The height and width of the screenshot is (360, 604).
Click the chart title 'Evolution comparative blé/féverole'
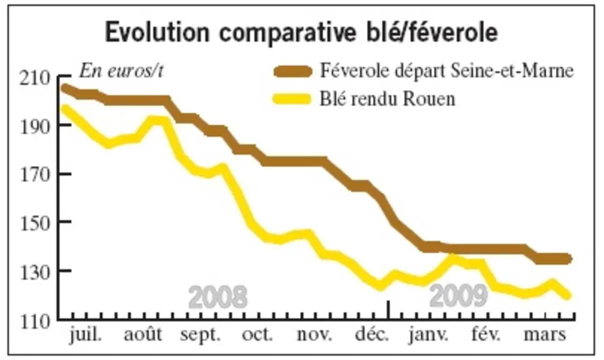(x=301, y=32)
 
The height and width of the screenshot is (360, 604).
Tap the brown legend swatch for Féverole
(x=293, y=72)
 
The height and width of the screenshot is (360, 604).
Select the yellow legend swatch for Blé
(x=292, y=99)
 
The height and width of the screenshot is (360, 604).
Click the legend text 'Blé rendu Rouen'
(x=387, y=99)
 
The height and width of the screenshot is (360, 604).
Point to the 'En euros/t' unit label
(x=121, y=71)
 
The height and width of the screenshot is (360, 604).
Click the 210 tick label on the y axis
(x=35, y=79)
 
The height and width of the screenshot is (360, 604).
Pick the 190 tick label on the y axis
(x=35, y=126)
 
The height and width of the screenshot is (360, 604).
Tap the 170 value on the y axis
(x=35, y=174)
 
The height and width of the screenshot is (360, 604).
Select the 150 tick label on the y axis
(x=35, y=222)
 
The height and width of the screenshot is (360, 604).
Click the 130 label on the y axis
(x=35, y=272)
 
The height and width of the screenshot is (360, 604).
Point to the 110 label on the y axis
(x=35, y=321)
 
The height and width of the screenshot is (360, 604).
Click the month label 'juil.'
(x=86, y=334)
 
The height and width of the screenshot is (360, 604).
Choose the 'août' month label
(x=143, y=334)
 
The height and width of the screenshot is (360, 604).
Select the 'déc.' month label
(x=372, y=334)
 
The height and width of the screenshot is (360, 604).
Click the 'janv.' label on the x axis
(x=428, y=334)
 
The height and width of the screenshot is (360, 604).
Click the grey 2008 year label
(x=218, y=297)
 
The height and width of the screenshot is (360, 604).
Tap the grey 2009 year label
(x=458, y=296)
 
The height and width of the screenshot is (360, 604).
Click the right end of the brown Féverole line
(x=568, y=259)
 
